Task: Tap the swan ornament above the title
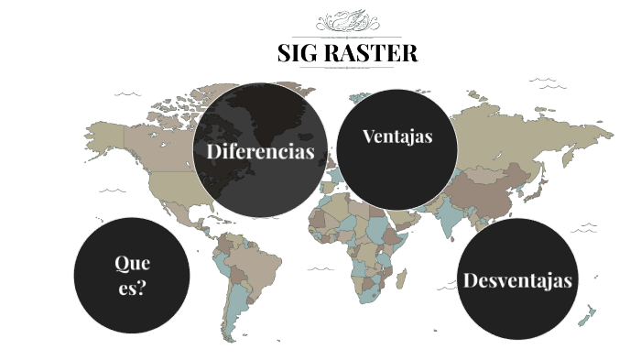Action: point(348,20)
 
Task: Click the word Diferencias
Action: point(261,151)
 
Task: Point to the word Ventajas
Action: point(397,137)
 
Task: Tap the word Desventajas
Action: point(518,280)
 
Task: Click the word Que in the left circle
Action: point(132,264)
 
